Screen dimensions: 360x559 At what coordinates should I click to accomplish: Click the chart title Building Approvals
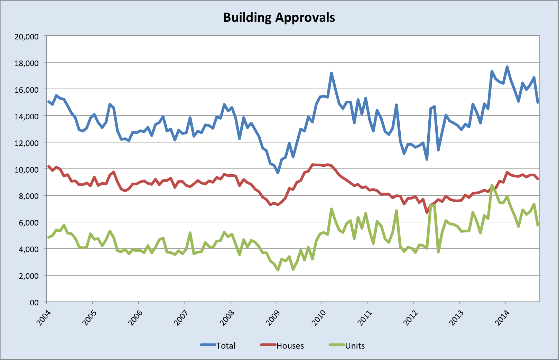[279, 18]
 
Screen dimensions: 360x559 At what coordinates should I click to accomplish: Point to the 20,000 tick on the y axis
[26, 36]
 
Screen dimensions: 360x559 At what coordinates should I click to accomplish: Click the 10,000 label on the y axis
[26, 169]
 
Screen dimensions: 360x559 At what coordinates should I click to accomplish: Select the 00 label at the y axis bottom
[34, 303]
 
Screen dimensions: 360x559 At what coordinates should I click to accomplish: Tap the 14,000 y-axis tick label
[26, 116]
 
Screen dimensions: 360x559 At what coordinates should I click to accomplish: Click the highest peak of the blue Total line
[507, 67]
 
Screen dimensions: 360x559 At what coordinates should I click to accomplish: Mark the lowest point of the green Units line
[278, 270]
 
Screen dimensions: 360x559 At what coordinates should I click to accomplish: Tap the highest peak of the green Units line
[492, 186]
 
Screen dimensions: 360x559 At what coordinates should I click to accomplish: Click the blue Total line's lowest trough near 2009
[278, 173]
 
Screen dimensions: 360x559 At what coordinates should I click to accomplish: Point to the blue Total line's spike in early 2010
[331, 73]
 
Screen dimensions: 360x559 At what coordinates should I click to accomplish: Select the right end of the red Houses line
[538, 179]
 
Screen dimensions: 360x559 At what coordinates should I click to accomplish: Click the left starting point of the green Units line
[48, 237]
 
